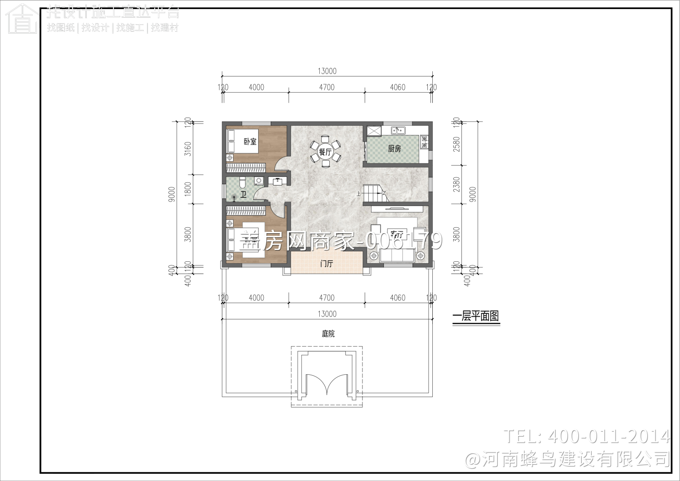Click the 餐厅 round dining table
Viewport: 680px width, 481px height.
coord(325,152)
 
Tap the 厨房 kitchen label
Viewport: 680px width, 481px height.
coord(394,148)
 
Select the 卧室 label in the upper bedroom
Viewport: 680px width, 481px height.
coord(250,142)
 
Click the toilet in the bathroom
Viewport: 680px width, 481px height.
coord(242,182)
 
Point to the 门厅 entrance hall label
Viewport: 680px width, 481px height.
coord(327,264)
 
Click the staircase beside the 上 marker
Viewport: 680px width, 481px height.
coord(373,193)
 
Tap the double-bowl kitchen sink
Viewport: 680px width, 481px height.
coord(398,131)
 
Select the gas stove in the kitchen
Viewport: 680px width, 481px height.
coord(424,142)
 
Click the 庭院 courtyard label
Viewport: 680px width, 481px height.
coord(328,334)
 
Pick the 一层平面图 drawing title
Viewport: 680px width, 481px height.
coord(476,316)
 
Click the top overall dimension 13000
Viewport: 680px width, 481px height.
coord(327,71)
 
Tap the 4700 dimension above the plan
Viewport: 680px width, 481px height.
coord(327,87)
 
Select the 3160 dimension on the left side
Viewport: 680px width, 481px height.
coord(188,148)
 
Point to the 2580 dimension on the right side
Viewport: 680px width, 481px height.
coord(456,144)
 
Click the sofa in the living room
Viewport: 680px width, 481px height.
coord(397,256)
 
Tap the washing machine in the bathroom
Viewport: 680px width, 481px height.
coord(259,181)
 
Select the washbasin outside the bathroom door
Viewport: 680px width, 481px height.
coord(277,182)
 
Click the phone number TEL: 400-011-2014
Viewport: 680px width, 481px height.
coord(587,437)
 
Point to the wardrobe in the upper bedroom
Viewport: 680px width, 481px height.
coord(245,168)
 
